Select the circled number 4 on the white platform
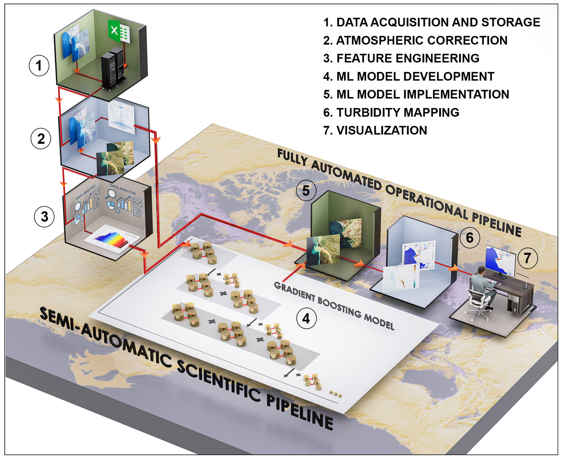click(x=306, y=319)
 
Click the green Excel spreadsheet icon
click(x=119, y=31)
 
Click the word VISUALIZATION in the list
click(x=382, y=130)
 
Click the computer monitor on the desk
click(x=501, y=261)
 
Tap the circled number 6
click(x=469, y=237)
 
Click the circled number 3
click(x=44, y=217)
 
